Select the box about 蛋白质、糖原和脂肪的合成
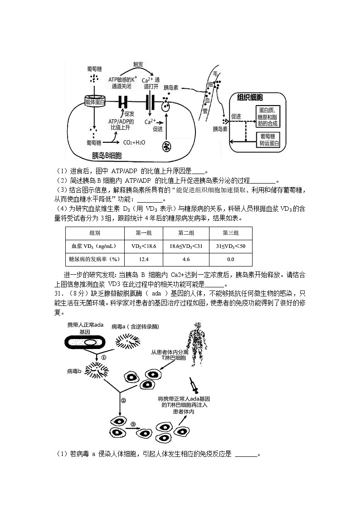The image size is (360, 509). click(x=268, y=117)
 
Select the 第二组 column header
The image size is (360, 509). click(x=185, y=233)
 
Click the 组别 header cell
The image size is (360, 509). click(x=95, y=233)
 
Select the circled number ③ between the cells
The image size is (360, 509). click(x=133, y=424)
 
